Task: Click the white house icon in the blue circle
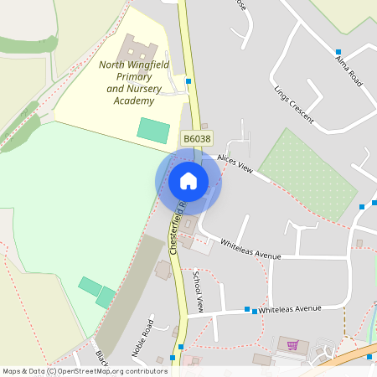click(188, 181)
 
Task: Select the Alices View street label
click(234, 163)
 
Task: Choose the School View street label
click(199, 291)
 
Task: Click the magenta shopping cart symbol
click(292, 345)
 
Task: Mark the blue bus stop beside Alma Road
click(338, 52)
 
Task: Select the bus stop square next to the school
click(189, 81)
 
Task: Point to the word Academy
click(134, 101)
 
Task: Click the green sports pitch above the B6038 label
click(153, 130)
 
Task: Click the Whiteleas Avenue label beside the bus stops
click(290, 308)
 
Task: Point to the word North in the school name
click(112, 65)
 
